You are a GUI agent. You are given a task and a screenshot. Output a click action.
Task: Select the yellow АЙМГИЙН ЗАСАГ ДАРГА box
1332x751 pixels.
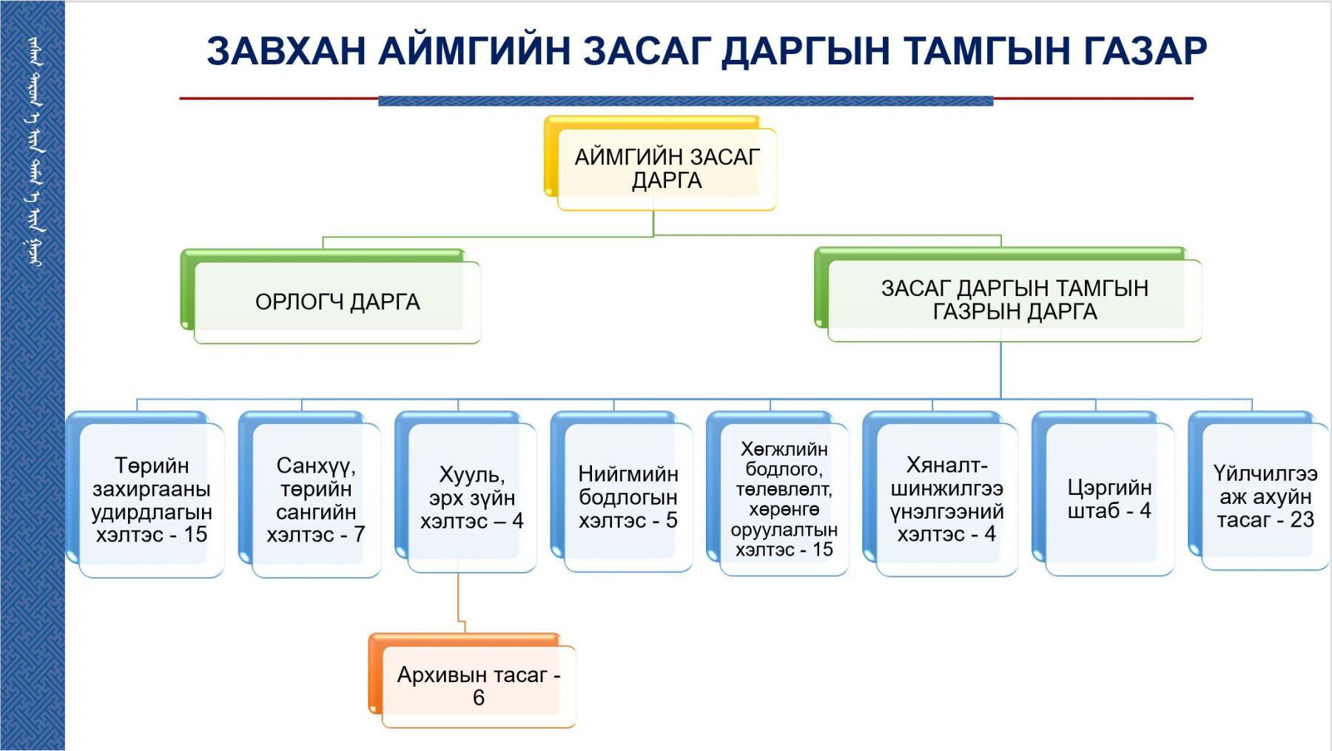point(667,169)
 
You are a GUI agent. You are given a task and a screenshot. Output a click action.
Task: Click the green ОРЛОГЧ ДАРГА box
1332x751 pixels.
point(337,302)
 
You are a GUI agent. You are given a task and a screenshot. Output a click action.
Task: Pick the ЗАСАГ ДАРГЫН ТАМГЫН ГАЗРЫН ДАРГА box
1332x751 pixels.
point(1014,300)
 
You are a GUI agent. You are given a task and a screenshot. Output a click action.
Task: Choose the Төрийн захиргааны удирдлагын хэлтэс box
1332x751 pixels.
point(151,499)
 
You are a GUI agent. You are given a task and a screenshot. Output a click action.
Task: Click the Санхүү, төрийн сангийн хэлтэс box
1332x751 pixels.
point(316,499)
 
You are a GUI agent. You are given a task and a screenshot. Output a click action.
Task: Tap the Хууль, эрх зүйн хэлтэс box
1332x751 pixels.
point(471,497)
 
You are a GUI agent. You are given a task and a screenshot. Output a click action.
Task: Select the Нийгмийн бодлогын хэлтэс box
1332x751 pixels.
point(628,496)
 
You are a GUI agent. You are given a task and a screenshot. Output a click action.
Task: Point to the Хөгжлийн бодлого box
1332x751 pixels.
point(784,499)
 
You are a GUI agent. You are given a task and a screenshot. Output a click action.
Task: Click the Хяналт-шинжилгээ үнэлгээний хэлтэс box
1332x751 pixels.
point(946,499)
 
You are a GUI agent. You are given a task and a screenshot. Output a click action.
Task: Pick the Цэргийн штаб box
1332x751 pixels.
point(1109,499)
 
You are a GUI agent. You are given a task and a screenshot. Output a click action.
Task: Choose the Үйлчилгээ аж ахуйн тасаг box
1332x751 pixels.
point(1265,496)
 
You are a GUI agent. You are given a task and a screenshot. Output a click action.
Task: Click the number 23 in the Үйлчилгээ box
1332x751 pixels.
point(1302,520)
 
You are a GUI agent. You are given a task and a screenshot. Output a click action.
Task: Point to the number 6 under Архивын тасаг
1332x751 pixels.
point(479,698)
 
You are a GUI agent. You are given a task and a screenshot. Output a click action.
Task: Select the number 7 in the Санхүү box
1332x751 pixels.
point(359,534)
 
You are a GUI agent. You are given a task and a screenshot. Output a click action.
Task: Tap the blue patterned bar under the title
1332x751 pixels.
point(685,101)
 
